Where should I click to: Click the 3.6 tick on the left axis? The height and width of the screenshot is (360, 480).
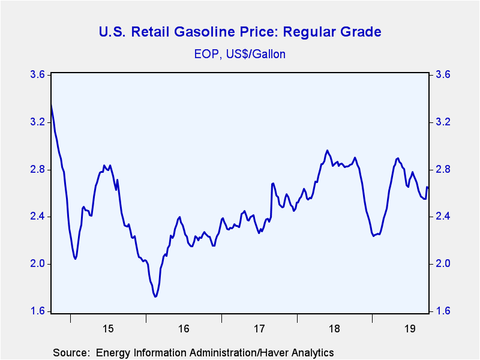(37, 75)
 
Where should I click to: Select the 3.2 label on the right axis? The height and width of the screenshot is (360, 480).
(443, 122)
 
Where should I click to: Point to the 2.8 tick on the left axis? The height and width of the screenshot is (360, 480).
(37, 170)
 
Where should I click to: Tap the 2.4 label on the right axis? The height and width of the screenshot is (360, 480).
(443, 217)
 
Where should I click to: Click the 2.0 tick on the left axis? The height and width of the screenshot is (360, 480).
(37, 264)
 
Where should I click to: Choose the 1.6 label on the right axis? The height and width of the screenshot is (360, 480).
(443, 311)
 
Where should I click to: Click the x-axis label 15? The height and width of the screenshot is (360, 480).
(108, 329)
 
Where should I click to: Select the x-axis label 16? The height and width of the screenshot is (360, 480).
(184, 329)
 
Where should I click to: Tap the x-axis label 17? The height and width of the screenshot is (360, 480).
(259, 329)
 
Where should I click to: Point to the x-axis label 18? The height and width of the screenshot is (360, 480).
(335, 329)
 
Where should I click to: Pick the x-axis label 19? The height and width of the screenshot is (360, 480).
(410, 329)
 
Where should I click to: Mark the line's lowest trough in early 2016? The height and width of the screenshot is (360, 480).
(155, 296)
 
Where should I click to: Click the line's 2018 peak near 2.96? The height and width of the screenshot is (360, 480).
(327, 150)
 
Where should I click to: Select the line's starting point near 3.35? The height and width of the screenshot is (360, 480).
(51, 105)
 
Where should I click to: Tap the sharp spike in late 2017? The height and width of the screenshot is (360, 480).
(272, 183)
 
